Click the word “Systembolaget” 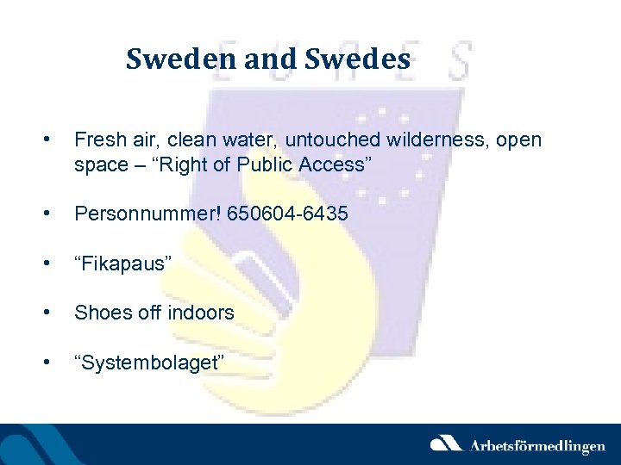click(x=151, y=363)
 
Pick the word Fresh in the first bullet click(x=98, y=139)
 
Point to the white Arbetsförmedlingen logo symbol click(x=446, y=443)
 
